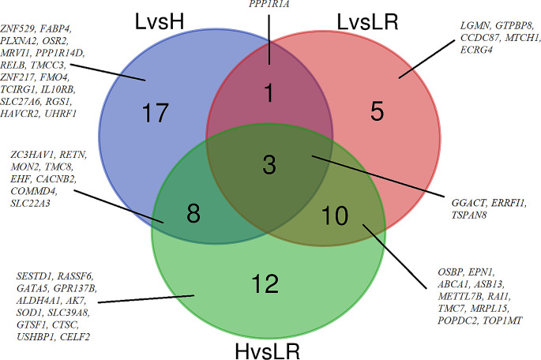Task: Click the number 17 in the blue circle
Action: click(x=156, y=113)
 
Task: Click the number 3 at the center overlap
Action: click(x=269, y=166)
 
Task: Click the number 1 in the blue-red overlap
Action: click(x=269, y=93)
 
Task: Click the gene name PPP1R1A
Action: click(x=269, y=6)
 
